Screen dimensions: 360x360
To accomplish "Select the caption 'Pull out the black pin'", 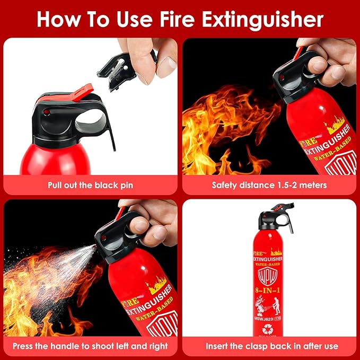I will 90,185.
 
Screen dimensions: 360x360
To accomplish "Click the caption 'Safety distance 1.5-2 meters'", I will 269,185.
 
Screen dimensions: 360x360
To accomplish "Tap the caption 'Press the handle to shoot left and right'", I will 90,346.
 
